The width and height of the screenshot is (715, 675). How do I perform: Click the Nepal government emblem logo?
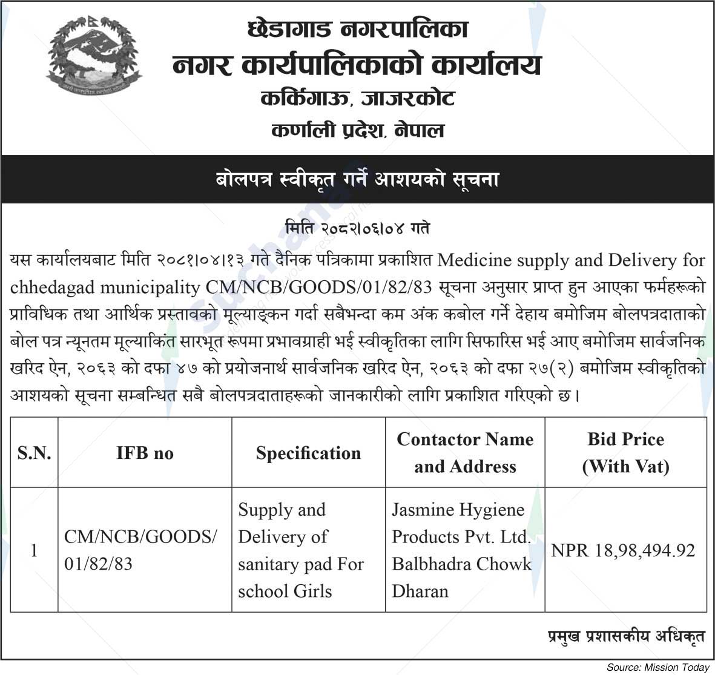pos(94,58)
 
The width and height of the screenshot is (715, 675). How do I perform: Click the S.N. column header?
pos(34,453)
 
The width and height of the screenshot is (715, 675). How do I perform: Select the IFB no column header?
pos(145,453)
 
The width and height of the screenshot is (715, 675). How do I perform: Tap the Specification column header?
pos(308,453)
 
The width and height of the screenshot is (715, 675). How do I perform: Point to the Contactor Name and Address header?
pos(465,452)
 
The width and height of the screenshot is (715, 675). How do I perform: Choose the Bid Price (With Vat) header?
pos(625,452)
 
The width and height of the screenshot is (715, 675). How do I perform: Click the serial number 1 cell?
pos(34,550)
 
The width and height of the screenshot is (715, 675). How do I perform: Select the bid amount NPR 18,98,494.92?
pos(623,550)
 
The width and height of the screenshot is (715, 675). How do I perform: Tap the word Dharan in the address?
pos(420,591)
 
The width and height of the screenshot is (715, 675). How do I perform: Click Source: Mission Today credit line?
pos(657,667)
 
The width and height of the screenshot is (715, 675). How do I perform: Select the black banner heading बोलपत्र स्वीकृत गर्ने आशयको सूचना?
pos(357,180)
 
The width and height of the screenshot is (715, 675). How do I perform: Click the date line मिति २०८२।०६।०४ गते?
pos(357,229)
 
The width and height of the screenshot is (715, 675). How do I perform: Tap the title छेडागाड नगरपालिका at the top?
pos(358,30)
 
